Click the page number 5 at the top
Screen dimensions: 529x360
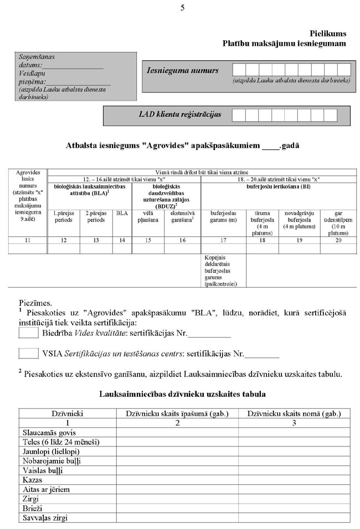[x=182, y=7]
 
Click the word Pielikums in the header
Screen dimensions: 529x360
[x=328, y=33]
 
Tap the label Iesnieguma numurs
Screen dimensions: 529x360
[x=182, y=70]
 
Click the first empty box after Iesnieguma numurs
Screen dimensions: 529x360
[x=239, y=70]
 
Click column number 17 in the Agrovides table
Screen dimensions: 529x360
[x=224, y=240]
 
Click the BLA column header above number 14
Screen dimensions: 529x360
[x=122, y=212]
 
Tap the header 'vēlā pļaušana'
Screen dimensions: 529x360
[x=148, y=216]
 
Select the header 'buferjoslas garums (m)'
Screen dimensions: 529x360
[x=224, y=216]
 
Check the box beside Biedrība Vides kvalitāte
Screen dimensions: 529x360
[x=28, y=333]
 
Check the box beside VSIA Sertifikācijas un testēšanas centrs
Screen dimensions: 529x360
[x=28, y=353]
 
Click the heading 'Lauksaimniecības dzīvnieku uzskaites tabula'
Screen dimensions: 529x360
[x=182, y=395]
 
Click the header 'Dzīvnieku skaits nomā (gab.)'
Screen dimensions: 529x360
[x=294, y=413]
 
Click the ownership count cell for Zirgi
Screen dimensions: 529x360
[x=177, y=499]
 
